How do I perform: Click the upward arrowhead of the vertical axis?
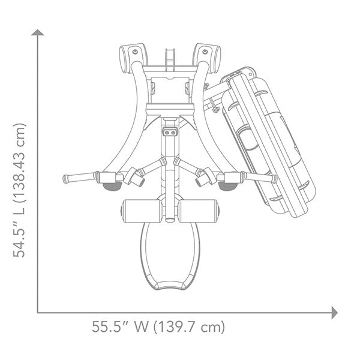tap(38, 32)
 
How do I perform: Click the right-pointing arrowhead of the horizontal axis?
tap(334, 312)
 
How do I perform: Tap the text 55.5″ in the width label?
tap(111, 328)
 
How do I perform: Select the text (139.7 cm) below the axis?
tap(189, 328)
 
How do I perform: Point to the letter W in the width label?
tap(142, 328)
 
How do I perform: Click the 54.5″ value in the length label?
tap(20, 239)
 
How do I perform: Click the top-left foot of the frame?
tap(132, 55)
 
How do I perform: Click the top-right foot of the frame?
tap(208, 55)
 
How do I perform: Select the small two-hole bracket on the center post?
tap(170, 130)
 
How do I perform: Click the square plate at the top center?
tap(170, 90)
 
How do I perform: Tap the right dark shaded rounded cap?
tap(227, 187)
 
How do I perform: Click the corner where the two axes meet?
tap(38, 312)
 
